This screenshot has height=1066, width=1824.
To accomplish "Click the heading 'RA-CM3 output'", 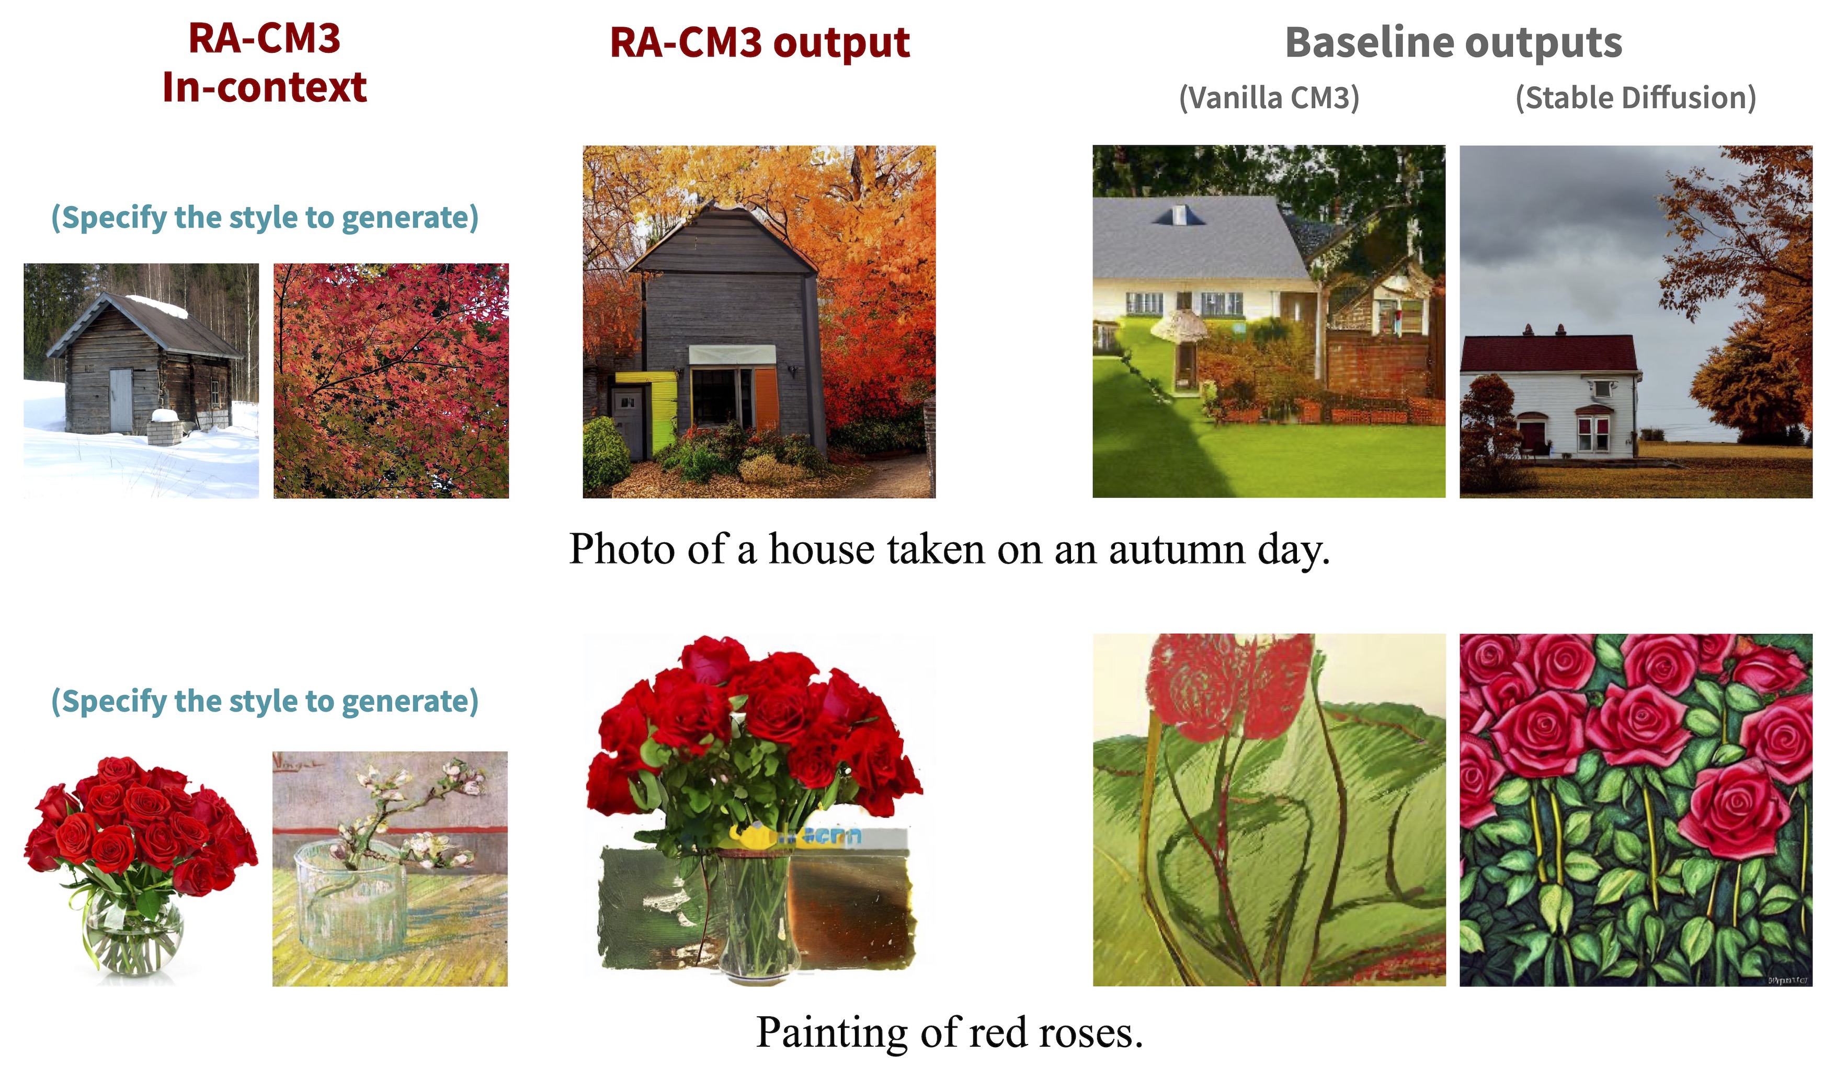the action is [759, 43].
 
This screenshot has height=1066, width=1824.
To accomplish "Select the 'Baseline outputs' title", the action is [1453, 43].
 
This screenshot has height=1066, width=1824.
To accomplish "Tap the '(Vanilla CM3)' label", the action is [1269, 98].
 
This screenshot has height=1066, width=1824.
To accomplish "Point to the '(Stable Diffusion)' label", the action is [1636, 98].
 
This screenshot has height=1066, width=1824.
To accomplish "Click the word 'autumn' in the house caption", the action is [1177, 549].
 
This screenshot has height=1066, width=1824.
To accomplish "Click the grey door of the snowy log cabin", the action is [121, 400].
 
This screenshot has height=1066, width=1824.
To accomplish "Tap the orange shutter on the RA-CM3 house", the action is [767, 399].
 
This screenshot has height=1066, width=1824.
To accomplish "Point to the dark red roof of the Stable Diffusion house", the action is [1548, 353].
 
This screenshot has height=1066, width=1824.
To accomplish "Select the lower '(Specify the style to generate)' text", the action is [265, 701].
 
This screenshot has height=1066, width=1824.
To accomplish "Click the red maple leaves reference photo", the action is [391, 381].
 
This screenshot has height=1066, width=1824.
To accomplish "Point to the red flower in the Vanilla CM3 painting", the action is [1227, 687].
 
